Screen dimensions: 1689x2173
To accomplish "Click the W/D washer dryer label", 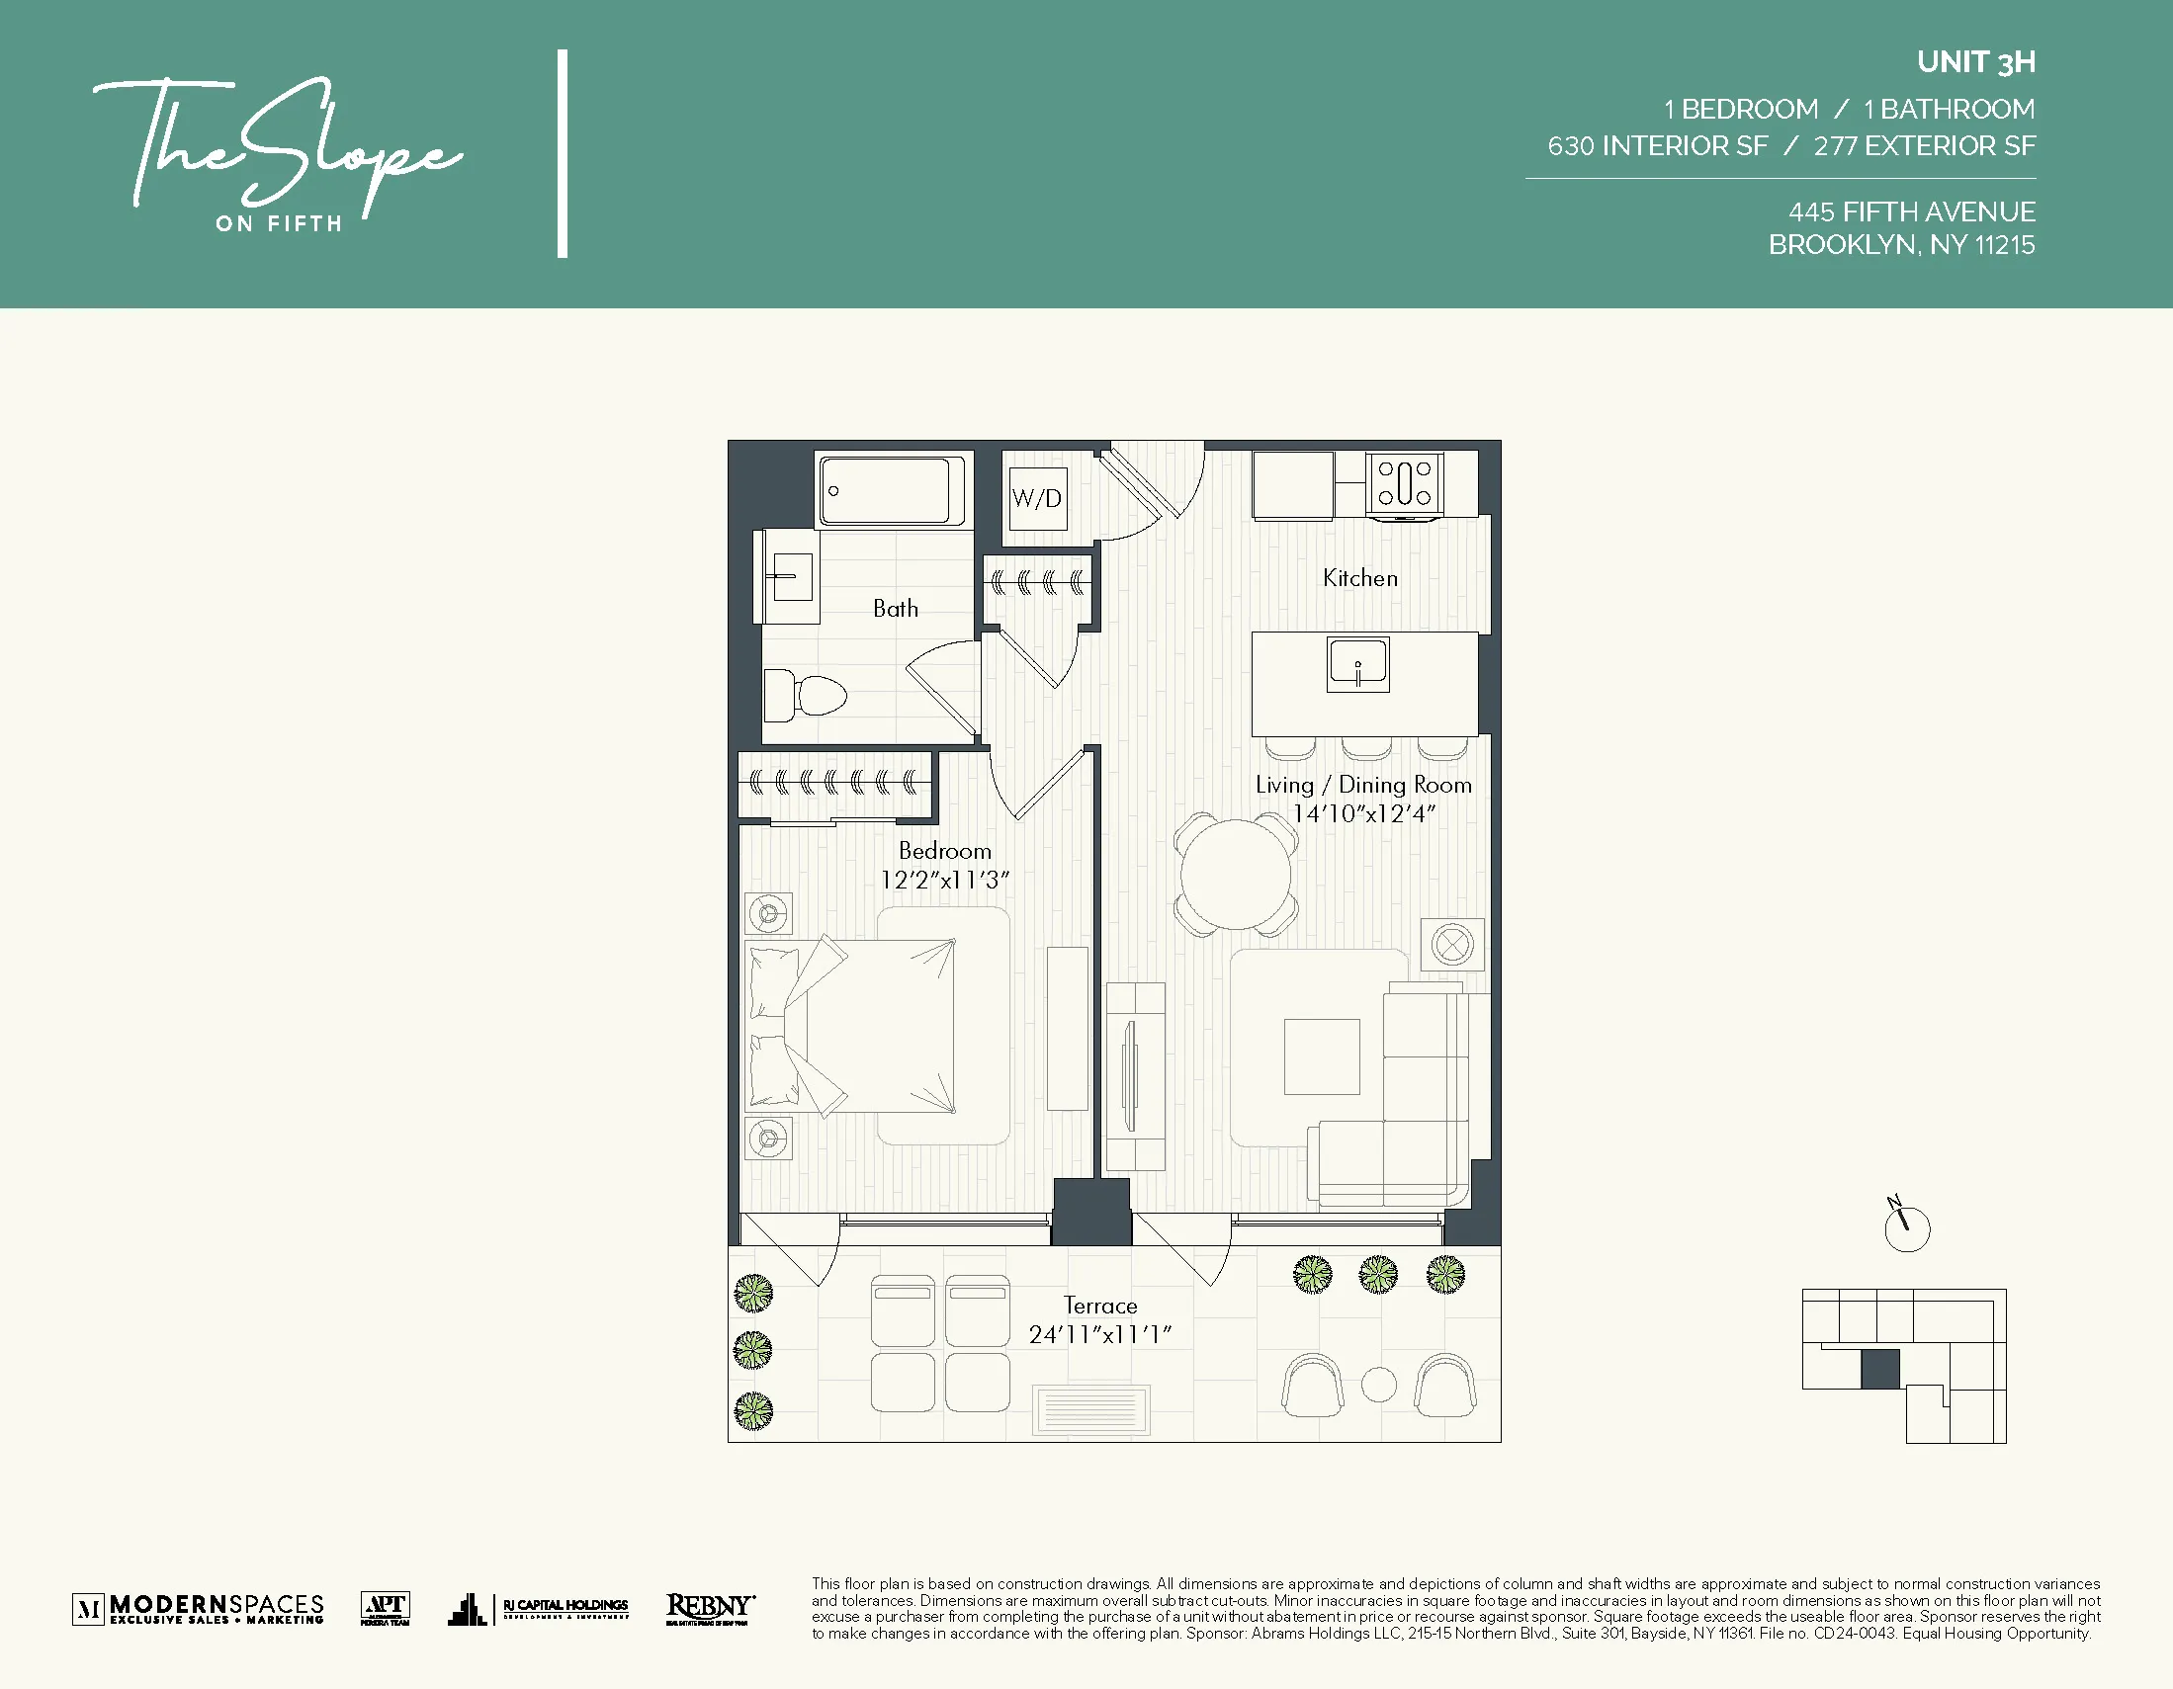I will coord(1036,498).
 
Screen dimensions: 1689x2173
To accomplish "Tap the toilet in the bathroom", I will coord(806,695).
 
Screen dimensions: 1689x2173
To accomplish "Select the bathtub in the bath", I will coord(892,490).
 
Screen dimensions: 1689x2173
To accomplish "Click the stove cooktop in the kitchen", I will coord(1404,483).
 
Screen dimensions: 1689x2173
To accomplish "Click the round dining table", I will coord(1236,875).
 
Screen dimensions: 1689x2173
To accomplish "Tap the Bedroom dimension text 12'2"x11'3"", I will coord(944,881).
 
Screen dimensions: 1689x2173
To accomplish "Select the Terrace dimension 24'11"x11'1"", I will coord(1099,1335).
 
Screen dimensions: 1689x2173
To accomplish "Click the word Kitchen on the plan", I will coord(1359,578).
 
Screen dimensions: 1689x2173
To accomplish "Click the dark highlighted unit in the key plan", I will coord(1879,1369).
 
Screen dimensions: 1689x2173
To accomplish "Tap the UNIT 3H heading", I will coord(1975,62).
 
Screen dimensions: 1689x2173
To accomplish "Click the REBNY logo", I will coord(710,1608).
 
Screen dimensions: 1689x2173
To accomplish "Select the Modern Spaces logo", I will coord(198,1608).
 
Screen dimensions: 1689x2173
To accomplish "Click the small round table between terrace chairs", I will coord(1378,1385).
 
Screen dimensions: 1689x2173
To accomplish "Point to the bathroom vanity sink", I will coord(792,577).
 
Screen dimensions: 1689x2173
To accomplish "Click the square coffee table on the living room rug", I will coord(1322,1056).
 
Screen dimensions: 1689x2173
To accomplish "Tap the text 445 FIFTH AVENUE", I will coord(1911,211).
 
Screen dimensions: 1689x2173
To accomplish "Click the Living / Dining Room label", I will coord(1362,785).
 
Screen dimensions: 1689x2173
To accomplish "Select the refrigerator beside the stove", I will coord(1292,484).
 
